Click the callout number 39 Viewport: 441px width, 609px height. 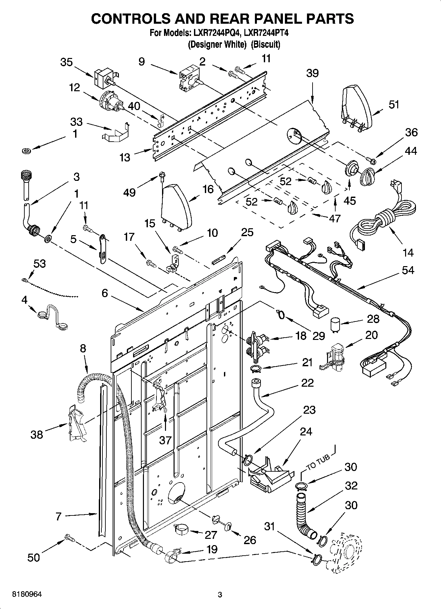[312, 73]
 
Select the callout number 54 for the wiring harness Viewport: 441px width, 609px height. [408, 270]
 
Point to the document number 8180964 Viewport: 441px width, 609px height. [27, 595]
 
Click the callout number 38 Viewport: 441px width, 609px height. [37, 434]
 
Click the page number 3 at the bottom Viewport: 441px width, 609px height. [220, 595]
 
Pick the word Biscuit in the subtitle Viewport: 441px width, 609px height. [265, 44]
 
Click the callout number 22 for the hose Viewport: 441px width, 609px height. [307, 383]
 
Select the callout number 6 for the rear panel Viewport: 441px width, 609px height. [104, 293]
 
